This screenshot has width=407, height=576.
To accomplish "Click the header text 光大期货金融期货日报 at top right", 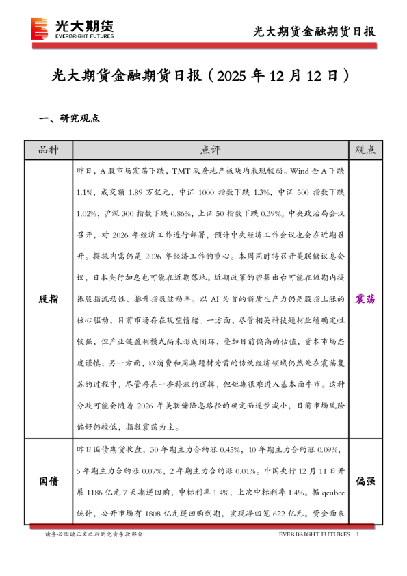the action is tap(314, 31).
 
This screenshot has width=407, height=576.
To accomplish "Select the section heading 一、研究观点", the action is tap(70, 118).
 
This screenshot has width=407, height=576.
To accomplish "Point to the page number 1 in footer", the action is tap(358, 534).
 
